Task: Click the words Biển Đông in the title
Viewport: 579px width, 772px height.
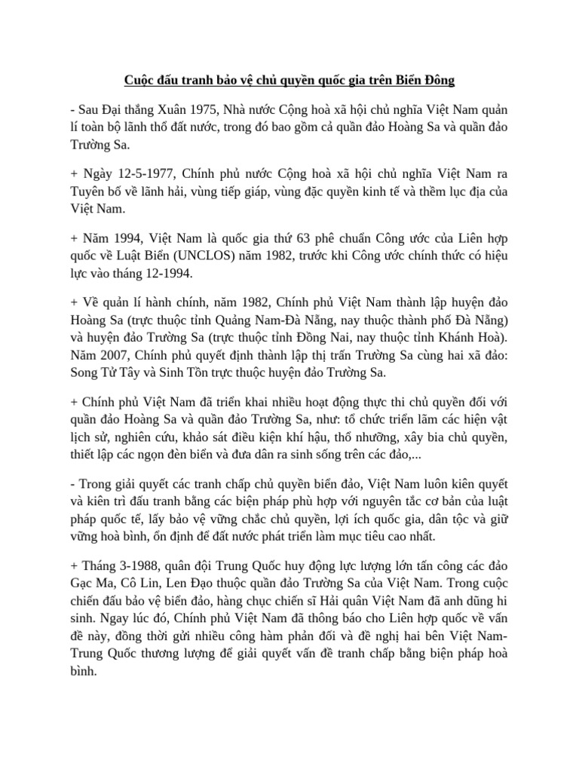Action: pos(424,79)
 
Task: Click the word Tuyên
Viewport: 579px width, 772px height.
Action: pos(90,191)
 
